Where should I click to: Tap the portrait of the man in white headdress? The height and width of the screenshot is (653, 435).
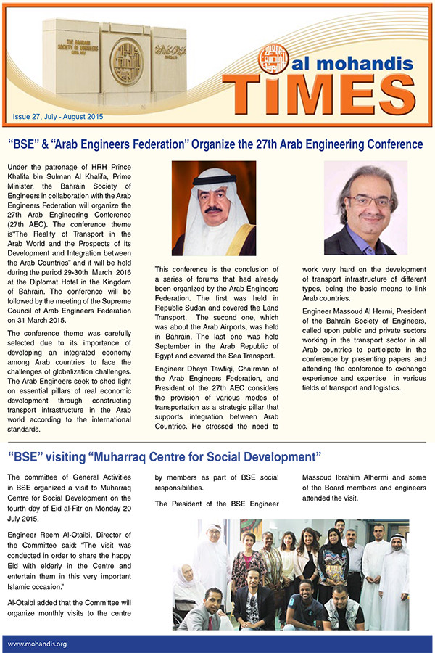(x=213, y=208)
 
